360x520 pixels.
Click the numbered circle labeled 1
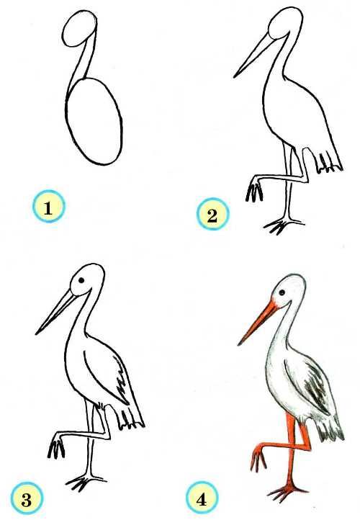point(48,206)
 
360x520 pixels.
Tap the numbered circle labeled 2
point(212,214)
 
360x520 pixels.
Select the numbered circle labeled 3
point(27,498)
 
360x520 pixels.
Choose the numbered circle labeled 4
point(202,498)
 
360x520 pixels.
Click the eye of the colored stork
point(282,292)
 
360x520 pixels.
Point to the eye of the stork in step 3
point(81,280)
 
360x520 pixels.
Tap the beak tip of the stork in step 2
point(234,78)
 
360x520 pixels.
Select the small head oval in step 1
point(79,29)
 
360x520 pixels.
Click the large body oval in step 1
point(94,122)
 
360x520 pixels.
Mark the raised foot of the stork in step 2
point(255,189)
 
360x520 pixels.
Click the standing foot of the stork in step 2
point(282,225)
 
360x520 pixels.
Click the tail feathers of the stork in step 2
point(329,163)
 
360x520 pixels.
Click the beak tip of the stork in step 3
point(36,333)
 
